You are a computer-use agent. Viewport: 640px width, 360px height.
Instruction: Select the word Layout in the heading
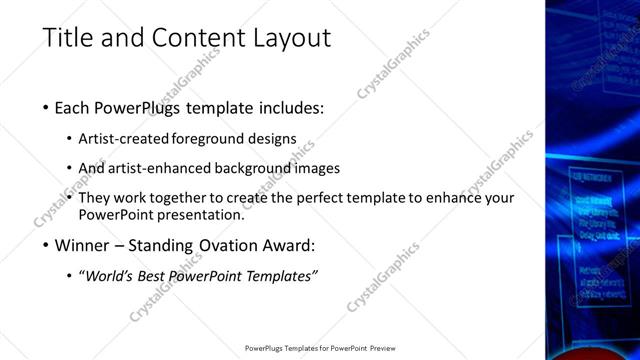coord(290,39)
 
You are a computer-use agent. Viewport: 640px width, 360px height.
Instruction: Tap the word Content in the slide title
coord(190,39)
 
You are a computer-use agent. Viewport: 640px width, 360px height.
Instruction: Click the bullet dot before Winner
coord(46,244)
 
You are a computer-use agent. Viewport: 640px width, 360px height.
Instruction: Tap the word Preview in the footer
coord(382,348)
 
